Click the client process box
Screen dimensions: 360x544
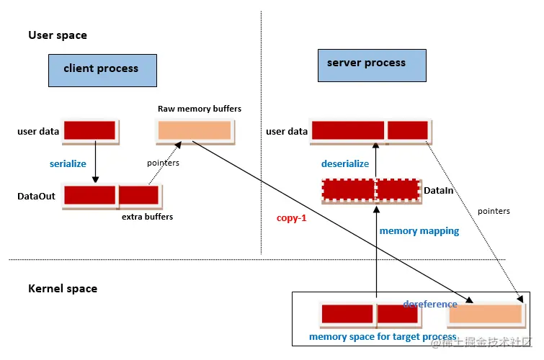102,69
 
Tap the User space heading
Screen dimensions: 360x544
58,35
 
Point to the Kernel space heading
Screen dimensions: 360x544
63,289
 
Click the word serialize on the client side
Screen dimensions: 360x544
68,163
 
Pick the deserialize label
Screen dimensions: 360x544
344,163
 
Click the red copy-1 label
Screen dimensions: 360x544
292,217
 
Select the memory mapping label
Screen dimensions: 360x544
419,231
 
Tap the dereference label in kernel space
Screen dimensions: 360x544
430,304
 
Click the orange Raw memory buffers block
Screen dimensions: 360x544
195,130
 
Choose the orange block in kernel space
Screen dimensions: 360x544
485,314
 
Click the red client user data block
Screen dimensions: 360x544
90,130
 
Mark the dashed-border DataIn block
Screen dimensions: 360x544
370,189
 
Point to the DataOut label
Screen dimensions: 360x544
37,196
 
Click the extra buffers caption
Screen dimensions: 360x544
147,216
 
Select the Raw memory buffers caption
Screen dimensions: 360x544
200,109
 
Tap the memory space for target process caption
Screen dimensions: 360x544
383,337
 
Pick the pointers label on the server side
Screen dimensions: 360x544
494,211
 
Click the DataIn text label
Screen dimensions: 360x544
439,189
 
